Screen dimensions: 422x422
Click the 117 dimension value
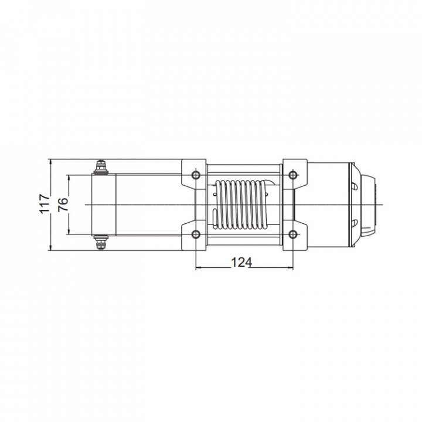(x=45, y=204)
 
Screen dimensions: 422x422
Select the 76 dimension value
(x=63, y=205)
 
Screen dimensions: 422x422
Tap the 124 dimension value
(x=241, y=262)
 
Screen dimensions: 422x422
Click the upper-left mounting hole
(x=196, y=175)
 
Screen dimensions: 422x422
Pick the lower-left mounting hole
(x=196, y=234)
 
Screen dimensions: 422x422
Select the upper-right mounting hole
(x=292, y=175)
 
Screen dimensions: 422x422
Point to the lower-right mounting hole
(x=292, y=234)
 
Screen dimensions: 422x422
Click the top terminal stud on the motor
(x=101, y=167)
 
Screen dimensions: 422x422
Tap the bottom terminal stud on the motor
(x=101, y=242)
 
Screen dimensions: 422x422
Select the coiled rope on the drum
(x=240, y=205)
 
